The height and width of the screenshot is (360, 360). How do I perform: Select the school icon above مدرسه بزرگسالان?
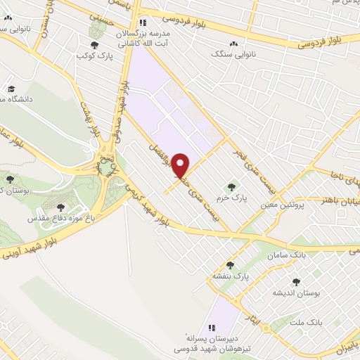(143, 22)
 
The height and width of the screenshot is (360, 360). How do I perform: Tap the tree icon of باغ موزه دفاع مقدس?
(60, 208)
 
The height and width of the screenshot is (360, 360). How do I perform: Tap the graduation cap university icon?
(11, 89)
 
